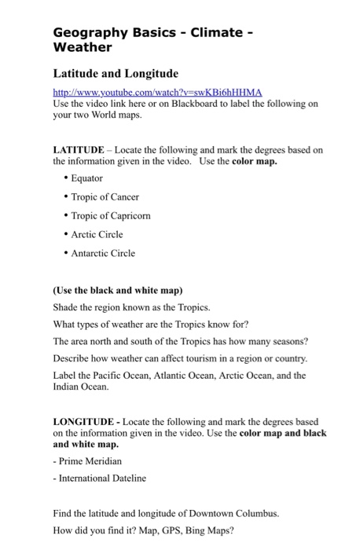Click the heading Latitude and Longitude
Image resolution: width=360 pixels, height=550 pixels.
click(115, 73)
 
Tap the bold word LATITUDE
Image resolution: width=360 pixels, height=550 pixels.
click(78, 149)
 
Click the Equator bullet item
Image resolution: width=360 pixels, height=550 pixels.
click(86, 178)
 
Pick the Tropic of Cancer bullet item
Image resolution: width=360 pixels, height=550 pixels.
click(105, 196)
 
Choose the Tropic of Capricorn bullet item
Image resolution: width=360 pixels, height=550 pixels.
click(110, 215)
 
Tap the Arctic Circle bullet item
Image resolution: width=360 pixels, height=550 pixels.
click(98, 234)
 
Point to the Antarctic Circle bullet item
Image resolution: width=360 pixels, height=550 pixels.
click(104, 253)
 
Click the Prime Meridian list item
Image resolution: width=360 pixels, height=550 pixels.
click(89, 460)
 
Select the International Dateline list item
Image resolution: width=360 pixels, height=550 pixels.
click(101, 478)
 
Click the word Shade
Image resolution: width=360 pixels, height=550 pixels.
click(66, 306)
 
